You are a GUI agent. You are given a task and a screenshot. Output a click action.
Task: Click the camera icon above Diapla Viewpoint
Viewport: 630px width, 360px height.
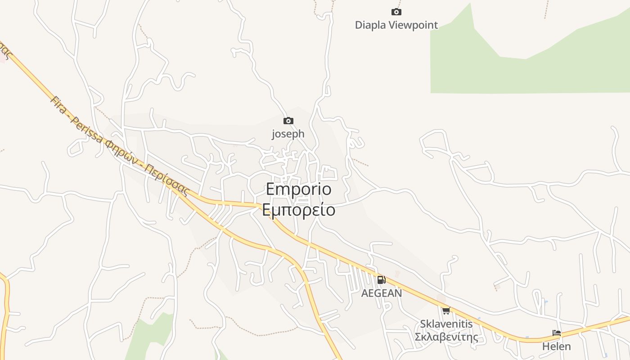pos(396,12)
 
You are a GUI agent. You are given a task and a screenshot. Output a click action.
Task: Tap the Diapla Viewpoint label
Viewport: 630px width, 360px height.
pos(396,25)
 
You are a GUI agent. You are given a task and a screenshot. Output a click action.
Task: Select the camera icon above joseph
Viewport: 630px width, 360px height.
pos(288,121)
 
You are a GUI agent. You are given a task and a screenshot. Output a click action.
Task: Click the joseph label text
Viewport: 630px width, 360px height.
pos(288,134)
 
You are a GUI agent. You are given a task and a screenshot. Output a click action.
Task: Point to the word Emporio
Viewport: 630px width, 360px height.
pos(298,189)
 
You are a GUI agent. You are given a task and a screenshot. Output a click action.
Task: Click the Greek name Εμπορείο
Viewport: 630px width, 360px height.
pos(298,210)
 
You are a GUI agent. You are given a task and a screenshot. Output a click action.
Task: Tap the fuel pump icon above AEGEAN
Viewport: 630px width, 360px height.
pos(381,280)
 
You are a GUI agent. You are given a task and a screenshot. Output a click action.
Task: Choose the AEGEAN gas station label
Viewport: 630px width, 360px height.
pos(382,293)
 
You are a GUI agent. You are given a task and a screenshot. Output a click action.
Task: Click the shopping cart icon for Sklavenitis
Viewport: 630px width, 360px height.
pos(446,310)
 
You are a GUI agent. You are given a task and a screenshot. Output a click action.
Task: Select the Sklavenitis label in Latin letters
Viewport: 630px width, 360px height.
pos(446,324)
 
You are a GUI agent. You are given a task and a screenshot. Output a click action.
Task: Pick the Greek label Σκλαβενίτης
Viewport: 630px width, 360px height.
pos(446,337)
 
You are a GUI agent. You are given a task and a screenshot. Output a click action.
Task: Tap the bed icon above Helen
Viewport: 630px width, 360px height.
pos(557,333)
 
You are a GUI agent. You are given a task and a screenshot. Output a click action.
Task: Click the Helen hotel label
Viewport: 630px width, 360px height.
pos(557,346)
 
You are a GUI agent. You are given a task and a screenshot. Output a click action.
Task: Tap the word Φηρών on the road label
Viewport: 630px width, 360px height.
pos(121,152)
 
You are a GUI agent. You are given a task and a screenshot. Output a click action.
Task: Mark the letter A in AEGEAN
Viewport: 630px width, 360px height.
pos(365,293)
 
